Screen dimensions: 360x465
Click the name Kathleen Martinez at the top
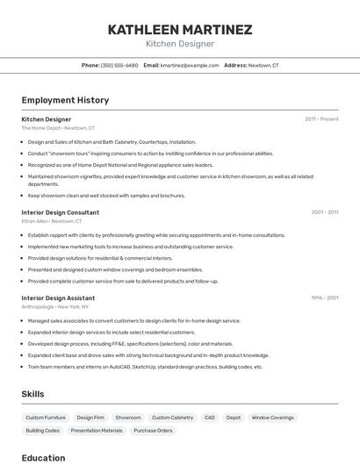[x=179, y=29]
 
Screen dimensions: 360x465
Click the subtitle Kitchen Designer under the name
[x=179, y=44]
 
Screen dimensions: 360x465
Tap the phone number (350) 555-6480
[x=119, y=65]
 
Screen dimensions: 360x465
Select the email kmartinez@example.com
[x=190, y=65]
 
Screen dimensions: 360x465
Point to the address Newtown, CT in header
[x=263, y=65]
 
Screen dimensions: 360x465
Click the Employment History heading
[x=65, y=100]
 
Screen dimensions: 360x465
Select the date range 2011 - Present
[x=321, y=118]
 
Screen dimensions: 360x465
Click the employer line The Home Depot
[x=58, y=128]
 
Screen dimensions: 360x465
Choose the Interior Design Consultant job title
[x=60, y=212]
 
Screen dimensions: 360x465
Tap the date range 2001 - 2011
[x=324, y=212]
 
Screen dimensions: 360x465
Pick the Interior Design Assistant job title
[x=58, y=298]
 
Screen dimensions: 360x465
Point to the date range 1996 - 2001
[x=324, y=298]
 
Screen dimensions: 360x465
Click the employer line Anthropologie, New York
[x=56, y=307]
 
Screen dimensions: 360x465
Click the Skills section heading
[x=32, y=394]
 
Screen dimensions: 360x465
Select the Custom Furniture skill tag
[x=46, y=418]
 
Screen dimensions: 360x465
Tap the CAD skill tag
[x=209, y=418]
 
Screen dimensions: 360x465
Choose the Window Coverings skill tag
[x=272, y=418]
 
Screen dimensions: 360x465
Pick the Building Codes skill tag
[x=42, y=431]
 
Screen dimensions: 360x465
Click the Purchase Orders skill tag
[x=153, y=431]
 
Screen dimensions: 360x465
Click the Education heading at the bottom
[x=43, y=457]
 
